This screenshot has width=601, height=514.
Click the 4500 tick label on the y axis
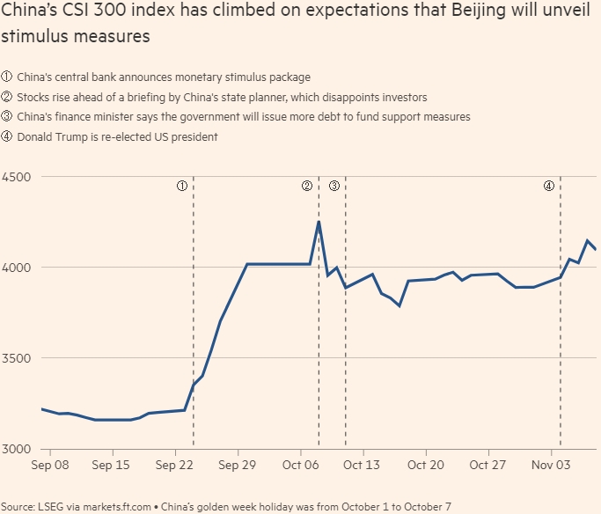coord(17,176)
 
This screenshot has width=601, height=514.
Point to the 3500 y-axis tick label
coord(17,358)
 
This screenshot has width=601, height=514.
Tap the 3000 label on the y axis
coord(17,449)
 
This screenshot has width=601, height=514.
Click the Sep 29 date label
coord(237,465)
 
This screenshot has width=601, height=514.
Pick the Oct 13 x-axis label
coord(362,465)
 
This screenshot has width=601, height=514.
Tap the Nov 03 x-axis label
coord(549,465)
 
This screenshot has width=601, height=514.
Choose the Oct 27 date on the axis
coord(487,465)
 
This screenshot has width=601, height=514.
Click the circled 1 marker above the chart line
coord(181,186)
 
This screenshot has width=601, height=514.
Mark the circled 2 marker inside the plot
coord(306,186)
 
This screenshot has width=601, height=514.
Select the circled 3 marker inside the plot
coord(334,186)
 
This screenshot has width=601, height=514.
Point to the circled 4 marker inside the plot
coord(548,186)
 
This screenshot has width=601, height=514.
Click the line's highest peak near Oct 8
coord(319,221)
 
